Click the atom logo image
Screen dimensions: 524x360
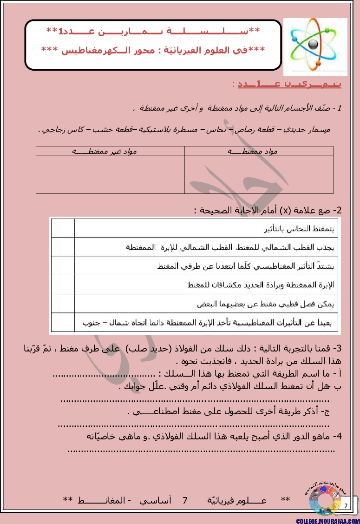click(315, 46)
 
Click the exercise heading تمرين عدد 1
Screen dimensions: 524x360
click(286, 84)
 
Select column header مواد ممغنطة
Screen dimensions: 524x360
click(258, 151)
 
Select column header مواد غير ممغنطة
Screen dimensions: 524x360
click(110, 151)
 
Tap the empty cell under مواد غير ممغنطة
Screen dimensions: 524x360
click(110, 174)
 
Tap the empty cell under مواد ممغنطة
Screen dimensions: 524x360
click(258, 174)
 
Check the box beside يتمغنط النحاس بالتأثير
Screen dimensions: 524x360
click(62, 228)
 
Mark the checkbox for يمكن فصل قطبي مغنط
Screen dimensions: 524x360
click(62, 303)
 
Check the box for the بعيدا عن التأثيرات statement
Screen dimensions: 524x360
click(62, 323)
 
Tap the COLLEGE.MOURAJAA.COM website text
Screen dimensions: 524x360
click(327, 520)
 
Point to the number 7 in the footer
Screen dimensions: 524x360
click(185, 500)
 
